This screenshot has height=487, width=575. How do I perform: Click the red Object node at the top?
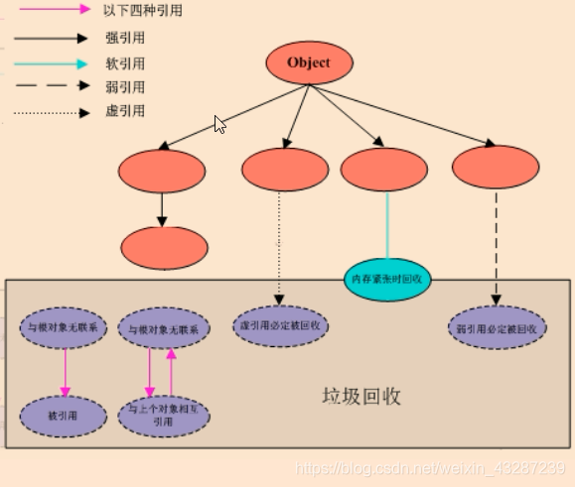coord(308,63)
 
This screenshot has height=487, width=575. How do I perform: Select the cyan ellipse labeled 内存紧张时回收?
coord(387,279)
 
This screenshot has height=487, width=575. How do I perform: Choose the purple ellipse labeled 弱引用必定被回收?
coord(497,327)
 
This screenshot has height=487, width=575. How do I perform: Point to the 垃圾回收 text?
coord(360,396)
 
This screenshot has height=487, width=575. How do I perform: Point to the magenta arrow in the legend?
coord(56,10)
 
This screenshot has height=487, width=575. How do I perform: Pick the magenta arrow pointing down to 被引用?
coord(66,372)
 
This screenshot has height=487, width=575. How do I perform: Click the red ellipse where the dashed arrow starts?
coord(495,166)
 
